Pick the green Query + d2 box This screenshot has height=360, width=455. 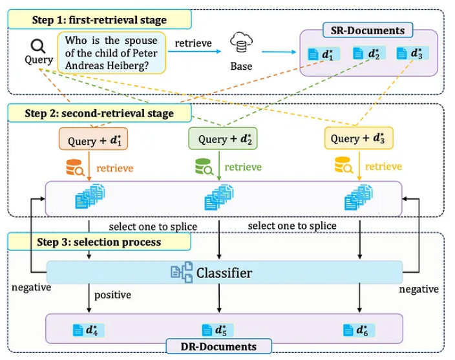(x=219, y=138)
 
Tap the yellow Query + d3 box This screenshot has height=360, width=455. (x=358, y=138)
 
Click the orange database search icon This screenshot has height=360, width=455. (x=75, y=168)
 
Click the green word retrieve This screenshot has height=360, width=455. (x=242, y=167)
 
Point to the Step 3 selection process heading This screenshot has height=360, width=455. (x=97, y=242)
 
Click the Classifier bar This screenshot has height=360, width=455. (x=224, y=273)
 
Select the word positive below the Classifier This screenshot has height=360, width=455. (x=113, y=295)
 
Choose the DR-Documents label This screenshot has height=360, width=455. (x=220, y=347)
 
